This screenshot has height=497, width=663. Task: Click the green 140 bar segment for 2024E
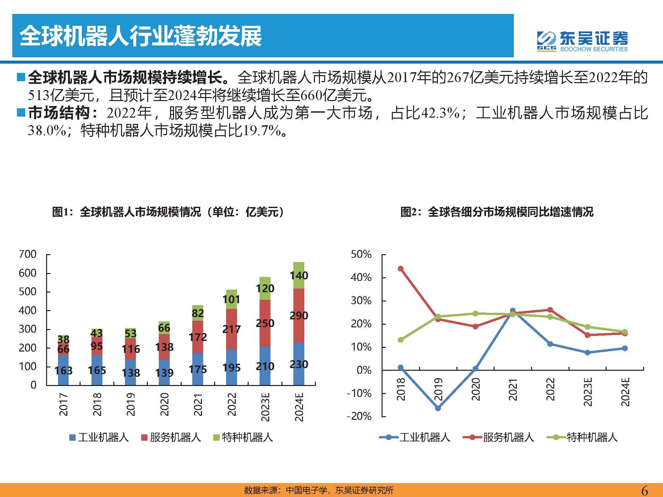click(299, 275)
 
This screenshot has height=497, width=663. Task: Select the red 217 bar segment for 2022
click(231, 329)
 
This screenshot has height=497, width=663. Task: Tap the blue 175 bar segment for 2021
click(198, 369)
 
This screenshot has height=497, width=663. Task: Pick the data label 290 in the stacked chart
click(299, 315)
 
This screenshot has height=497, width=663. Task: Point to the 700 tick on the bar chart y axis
click(28, 254)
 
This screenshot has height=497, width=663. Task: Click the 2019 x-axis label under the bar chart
click(131, 404)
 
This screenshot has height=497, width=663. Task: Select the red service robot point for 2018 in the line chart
click(400, 268)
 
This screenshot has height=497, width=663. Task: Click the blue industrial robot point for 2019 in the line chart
click(438, 408)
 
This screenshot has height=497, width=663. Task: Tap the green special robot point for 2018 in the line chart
click(400, 340)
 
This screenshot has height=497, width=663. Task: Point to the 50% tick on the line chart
click(361, 254)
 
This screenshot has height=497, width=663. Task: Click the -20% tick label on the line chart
click(359, 416)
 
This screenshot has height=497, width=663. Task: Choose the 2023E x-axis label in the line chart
click(588, 392)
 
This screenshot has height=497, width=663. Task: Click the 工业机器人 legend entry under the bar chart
click(99, 437)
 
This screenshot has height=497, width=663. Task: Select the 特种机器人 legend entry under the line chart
click(582, 437)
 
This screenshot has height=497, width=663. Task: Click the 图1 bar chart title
click(168, 212)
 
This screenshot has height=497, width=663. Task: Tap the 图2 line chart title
click(497, 212)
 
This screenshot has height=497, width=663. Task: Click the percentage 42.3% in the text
click(440, 113)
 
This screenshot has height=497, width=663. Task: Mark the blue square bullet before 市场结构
click(21, 113)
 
